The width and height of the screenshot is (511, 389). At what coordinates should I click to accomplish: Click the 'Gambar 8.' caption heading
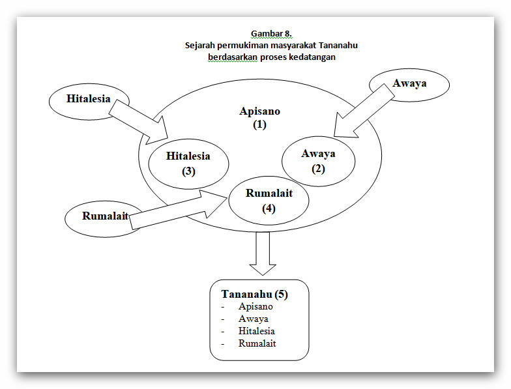271,34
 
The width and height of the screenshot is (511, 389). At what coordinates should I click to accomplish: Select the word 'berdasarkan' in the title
233,57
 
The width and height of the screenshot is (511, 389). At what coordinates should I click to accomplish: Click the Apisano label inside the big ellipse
259,111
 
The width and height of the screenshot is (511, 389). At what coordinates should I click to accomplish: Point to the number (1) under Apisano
259,124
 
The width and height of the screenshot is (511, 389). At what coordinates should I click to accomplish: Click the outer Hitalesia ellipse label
89,99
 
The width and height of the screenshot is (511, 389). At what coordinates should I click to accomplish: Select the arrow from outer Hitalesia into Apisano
138,122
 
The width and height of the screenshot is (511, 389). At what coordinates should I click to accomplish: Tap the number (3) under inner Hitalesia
188,171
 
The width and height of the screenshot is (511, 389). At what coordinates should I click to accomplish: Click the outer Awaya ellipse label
409,83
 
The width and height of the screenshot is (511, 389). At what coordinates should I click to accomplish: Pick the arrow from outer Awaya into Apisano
364,111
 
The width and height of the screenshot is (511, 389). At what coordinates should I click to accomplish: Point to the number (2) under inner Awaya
318,169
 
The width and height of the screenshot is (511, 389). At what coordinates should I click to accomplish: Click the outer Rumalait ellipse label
105,216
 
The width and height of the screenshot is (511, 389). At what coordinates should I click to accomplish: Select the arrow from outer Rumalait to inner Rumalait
178,210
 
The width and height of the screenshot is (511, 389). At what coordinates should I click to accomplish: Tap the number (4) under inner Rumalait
269,209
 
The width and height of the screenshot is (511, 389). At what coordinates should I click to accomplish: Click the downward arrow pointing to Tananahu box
263,253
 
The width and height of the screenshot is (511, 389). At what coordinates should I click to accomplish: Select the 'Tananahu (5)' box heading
254,295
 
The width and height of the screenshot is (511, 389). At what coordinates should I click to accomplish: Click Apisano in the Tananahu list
255,306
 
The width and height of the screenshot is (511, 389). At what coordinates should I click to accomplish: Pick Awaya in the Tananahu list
253,319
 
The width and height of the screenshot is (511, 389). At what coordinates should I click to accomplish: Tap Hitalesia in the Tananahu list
257,331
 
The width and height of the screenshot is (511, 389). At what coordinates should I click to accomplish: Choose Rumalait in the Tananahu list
257,343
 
